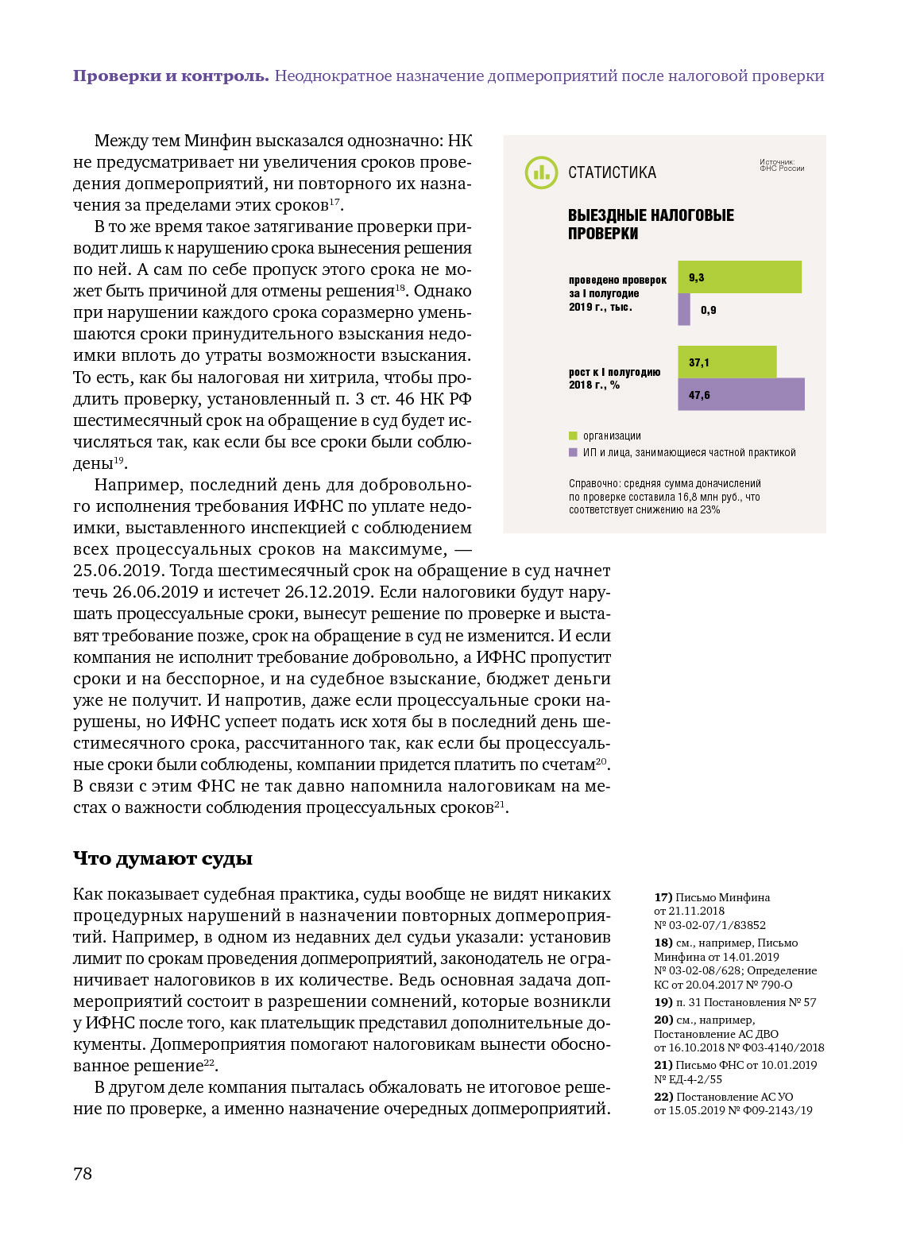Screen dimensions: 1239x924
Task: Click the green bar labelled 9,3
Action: click(739, 277)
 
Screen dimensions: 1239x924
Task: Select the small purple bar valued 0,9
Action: click(684, 310)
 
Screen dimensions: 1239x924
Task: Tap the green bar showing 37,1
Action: click(727, 362)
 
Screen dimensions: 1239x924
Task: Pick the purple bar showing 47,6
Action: click(740, 395)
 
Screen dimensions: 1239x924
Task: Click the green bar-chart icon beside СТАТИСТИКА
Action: click(541, 172)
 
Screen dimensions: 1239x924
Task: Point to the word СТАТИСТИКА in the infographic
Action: click(612, 173)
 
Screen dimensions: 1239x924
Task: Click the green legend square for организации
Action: click(573, 436)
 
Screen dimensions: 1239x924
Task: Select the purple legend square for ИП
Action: click(573, 452)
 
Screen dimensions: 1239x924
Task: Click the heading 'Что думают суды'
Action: click(163, 858)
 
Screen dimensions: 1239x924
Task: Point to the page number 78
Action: click(83, 1174)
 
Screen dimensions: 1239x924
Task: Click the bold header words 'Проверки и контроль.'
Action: click(171, 76)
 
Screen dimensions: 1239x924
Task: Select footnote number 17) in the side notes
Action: click(663, 897)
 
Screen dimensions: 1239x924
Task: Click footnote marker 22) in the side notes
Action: click(663, 1097)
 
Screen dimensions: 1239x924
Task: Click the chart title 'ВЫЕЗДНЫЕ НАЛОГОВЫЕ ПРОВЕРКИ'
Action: click(650, 224)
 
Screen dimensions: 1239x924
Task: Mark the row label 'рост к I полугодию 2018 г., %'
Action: click(614, 378)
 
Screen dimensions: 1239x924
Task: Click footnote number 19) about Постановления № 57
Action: click(663, 1002)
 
